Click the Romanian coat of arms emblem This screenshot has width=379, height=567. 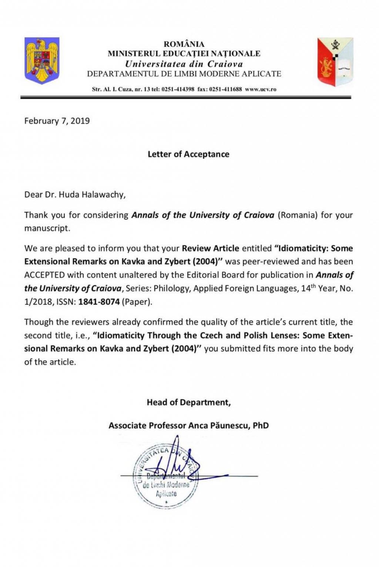coord(42,60)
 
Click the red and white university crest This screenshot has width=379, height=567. coord(335,61)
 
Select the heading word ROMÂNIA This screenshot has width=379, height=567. coord(184,44)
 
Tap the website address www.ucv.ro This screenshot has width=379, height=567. coord(261,89)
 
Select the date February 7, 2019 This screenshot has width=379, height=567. coord(57,121)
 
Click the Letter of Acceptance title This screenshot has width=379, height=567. coord(188,154)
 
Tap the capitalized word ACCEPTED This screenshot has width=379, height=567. coord(44,275)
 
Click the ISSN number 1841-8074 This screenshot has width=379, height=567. coord(99,302)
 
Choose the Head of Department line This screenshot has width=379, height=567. coord(189,402)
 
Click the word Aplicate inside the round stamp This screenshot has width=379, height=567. coord(166,494)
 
